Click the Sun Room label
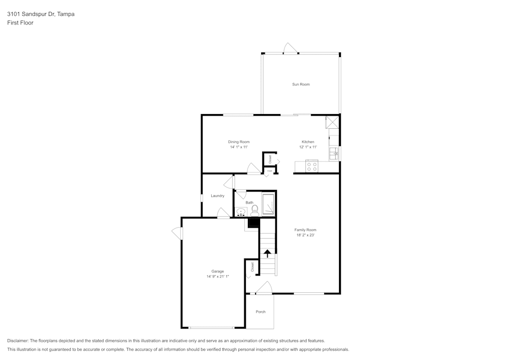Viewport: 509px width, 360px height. pos(300,84)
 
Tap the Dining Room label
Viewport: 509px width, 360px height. pos(238,142)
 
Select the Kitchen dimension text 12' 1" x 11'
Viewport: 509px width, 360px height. pos(308,147)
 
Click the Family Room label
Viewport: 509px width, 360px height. pos(305,230)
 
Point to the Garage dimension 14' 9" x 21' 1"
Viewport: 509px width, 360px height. pos(218,276)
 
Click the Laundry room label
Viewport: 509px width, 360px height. pos(217,196)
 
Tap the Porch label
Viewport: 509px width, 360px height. pos(260,312)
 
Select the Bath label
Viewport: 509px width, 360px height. pos(249,203)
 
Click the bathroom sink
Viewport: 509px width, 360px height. pos(241,211)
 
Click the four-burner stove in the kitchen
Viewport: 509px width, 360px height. pos(312,167)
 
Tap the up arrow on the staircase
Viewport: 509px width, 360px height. pos(267,253)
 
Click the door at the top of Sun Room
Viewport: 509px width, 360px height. pos(290,49)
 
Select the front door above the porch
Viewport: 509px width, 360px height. pos(264,289)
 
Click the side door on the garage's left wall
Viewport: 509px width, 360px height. pos(177,233)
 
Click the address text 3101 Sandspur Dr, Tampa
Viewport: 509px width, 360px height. pos(41,14)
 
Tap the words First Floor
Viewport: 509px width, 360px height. pos(20,23)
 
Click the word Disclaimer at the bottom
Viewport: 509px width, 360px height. pos(18,341)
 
